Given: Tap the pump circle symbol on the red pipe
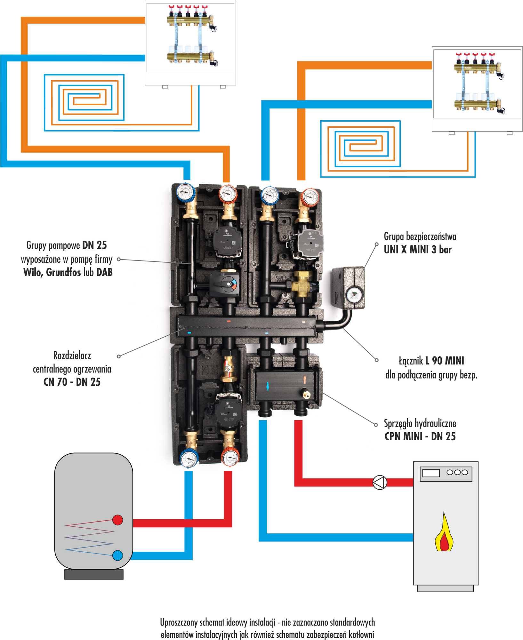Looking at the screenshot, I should [x=380, y=482].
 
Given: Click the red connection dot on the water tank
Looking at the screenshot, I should [x=117, y=520].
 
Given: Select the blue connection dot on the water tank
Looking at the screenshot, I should [x=117, y=555].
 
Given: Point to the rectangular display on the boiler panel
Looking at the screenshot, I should [x=431, y=473].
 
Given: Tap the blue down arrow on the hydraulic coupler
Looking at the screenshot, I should [x=268, y=386].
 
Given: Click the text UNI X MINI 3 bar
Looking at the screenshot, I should [x=417, y=250].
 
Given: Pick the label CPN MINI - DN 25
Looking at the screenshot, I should [x=420, y=436].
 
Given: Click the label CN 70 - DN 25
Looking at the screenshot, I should [x=72, y=382].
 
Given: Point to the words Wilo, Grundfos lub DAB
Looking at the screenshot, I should [x=68, y=272].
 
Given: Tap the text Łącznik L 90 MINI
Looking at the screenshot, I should [x=431, y=361].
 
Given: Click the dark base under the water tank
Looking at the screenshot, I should [x=94, y=574].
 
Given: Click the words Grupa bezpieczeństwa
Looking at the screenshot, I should [x=420, y=236].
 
